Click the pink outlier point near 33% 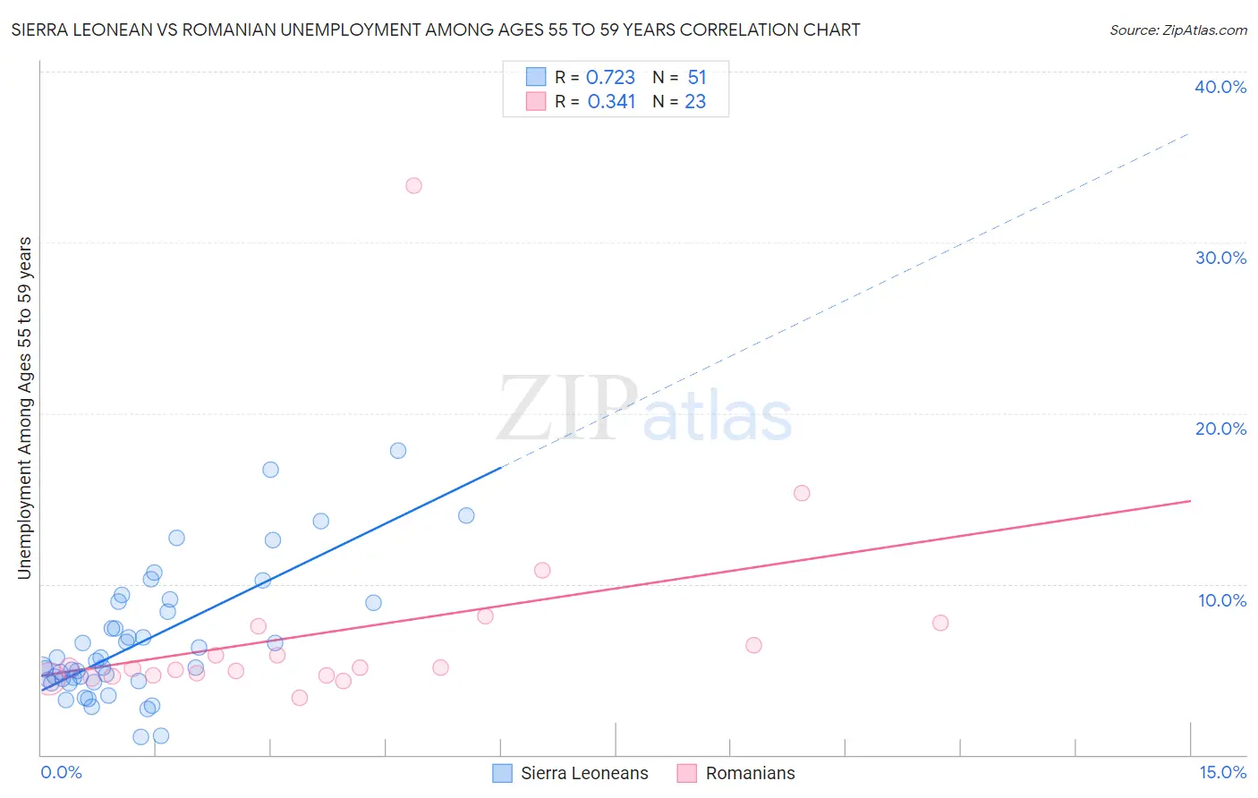tap(413, 186)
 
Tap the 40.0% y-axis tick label tap(1220, 87)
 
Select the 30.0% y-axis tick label tap(1220, 258)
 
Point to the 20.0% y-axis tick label tap(1220, 429)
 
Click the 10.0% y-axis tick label tap(1222, 600)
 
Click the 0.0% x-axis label tap(61, 772)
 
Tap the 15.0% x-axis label tap(1222, 772)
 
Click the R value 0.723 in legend tap(610, 78)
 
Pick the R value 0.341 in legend tap(611, 102)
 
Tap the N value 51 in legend tap(697, 78)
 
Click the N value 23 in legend tap(695, 102)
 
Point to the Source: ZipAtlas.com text tap(1177, 30)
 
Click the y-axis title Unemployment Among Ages tap(25, 407)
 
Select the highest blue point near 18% tap(398, 451)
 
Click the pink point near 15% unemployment tap(802, 493)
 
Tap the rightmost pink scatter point tap(940, 623)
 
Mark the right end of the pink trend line tap(1190, 501)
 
